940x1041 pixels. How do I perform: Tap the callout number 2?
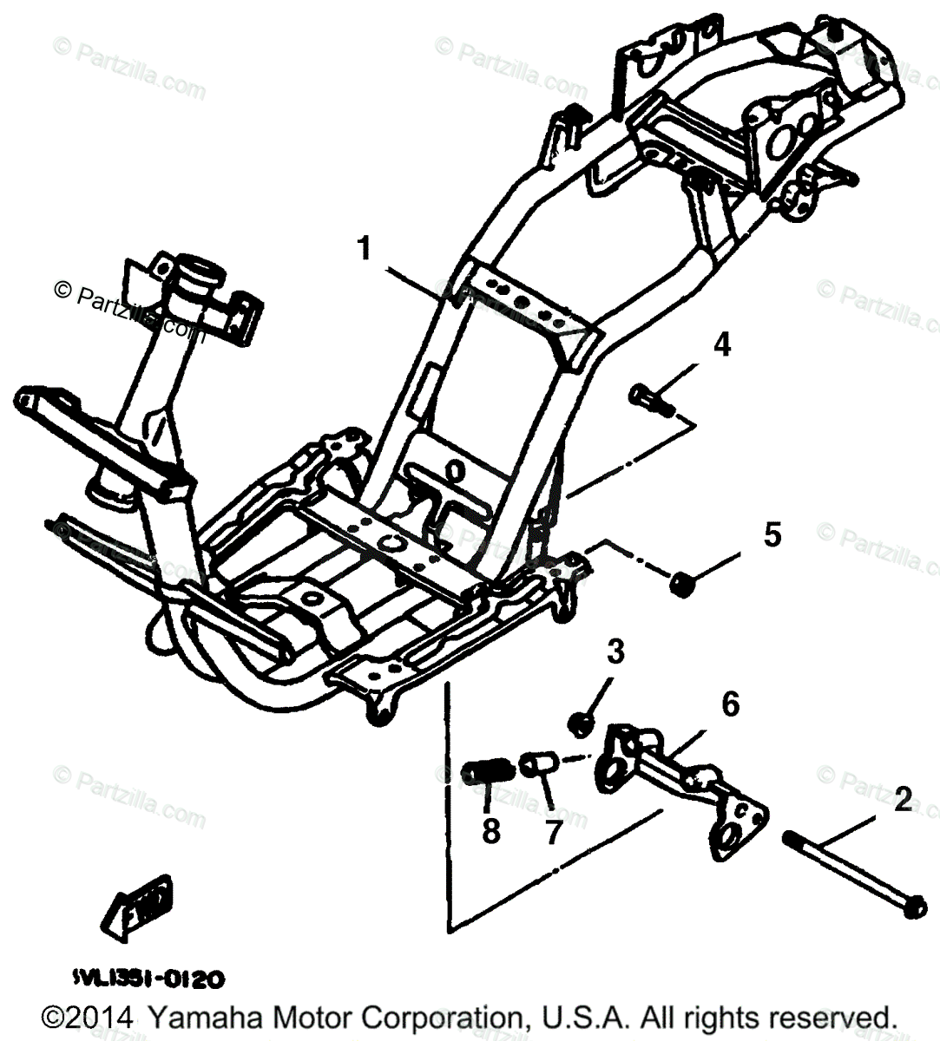(x=902, y=799)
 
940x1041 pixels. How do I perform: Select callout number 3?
(x=615, y=651)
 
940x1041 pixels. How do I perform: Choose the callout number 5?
(x=772, y=534)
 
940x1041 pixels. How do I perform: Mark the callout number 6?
(x=730, y=704)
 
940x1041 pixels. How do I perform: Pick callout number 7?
(x=553, y=830)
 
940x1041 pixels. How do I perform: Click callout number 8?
(x=491, y=830)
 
